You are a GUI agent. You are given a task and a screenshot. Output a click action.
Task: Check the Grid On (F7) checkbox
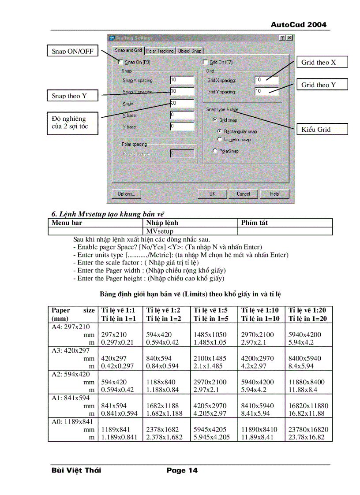pos(205,63)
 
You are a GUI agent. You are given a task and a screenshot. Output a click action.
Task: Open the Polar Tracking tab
pos(160,51)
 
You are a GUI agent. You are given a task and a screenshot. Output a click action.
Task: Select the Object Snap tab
pos(190,51)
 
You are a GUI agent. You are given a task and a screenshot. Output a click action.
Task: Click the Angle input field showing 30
pos(182,104)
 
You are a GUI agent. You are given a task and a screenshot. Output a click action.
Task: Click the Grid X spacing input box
pos(266,80)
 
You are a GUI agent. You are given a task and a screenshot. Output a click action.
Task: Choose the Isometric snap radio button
pos(220,139)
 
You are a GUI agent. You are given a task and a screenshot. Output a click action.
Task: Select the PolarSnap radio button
pos(215,151)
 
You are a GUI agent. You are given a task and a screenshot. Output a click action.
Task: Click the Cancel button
pos(244,194)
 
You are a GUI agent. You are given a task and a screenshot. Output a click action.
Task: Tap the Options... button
pos(126,194)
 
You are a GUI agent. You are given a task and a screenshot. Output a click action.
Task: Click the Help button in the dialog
pos(274,194)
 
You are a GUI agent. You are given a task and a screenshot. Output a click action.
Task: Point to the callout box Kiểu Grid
pos(322,129)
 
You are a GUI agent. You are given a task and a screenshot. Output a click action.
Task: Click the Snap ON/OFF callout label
pos(72,51)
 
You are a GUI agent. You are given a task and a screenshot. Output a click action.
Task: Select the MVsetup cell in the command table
pos(159,231)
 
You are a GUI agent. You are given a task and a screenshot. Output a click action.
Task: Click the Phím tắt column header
pos(255,223)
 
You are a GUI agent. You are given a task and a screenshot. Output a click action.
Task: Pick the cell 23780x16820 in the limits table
pos(308,429)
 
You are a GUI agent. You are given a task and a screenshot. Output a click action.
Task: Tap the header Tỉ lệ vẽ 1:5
pos(210,310)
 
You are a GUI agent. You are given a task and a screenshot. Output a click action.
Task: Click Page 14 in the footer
pos(182,470)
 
